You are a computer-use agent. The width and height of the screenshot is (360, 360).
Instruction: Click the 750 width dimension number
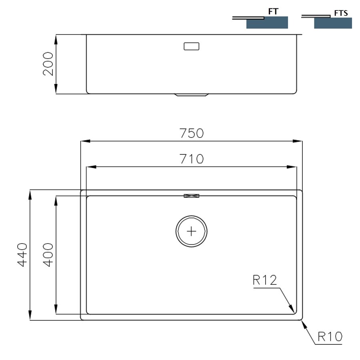click(191, 133)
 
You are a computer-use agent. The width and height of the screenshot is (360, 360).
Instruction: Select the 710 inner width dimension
click(191, 159)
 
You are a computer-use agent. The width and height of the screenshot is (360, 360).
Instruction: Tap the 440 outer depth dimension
click(22, 255)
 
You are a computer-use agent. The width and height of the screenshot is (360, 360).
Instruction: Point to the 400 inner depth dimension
click(48, 255)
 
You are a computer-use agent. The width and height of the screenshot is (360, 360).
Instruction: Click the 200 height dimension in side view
click(48, 64)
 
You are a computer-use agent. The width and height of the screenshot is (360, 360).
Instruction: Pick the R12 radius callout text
click(265, 280)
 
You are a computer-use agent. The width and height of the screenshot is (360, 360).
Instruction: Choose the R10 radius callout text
click(330, 336)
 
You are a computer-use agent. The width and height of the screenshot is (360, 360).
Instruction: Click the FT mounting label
click(273, 12)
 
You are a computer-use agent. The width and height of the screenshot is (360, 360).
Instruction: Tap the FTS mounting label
click(341, 13)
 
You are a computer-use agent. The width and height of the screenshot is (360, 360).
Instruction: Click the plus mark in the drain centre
click(192, 231)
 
